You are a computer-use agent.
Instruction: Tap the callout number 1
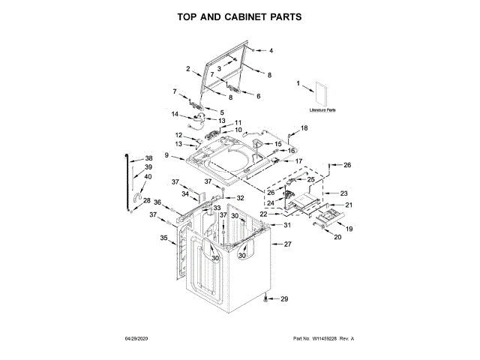pyautogui.click(x=298, y=83)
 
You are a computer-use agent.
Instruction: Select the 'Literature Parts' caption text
pyautogui.click(x=322, y=110)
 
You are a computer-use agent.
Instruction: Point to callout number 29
pyautogui.click(x=283, y=299)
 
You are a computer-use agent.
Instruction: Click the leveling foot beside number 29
pyautogui.click(x=267, y=299)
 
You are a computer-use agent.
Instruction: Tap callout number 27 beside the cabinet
pyautogui.click(x=287, y=244)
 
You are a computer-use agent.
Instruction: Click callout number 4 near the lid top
pyautogui.click(x=271, y=50)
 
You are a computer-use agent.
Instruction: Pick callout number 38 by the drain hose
pyautogui.click(x=148, y=157)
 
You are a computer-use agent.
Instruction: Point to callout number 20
pyautogui.click(x=337, y=237)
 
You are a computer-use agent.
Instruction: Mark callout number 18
pyautogui.click(x=304, y=129)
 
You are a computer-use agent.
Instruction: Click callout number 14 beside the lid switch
pyautogui.click(x=174, y=114)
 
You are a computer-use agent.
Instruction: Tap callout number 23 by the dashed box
pyautogui.click(x=344, y=193)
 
